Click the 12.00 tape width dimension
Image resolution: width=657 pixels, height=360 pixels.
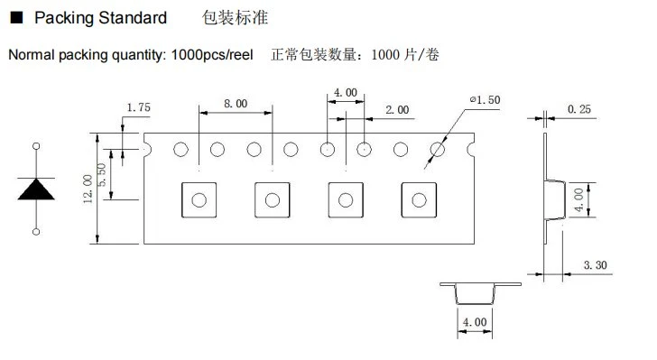[x=88, y=189]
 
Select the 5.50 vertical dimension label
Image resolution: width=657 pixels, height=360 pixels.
[x=101, y=175]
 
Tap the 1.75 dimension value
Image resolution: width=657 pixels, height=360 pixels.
[x=139, y=107]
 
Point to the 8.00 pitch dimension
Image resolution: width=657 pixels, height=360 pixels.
[x=236, y=104]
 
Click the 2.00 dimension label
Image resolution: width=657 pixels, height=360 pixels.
[x=397, y=110]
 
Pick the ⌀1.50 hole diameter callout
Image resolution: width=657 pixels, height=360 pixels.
[x=486, y=100]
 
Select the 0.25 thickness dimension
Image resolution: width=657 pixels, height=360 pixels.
[x=579, y=109]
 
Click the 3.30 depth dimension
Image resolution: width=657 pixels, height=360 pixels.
[x=596, y=265]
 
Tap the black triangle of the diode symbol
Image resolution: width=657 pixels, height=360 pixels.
[x=36, y=189]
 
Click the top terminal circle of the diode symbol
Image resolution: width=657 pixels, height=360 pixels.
[x=36, y=146]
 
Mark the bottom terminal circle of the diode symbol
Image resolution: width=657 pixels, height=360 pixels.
[x=36, y=232]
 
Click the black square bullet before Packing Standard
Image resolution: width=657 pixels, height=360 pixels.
[x=16, y=18]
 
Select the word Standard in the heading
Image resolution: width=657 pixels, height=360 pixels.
[x=133, y=18]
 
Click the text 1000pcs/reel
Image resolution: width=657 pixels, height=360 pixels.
[x=212, y=55]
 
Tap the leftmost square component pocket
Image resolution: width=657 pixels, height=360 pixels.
[x=199, y=200]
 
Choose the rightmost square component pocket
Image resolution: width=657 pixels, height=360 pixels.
[x=419, y=200]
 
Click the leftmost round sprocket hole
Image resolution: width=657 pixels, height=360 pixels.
[x=181, y=149]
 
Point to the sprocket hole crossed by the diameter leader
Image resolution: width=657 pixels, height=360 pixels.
[x=438, y=149]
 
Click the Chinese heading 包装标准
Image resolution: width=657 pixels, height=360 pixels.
[x=235, y=18]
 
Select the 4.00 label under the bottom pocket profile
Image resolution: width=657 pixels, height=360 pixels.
[x=475, y=322]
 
